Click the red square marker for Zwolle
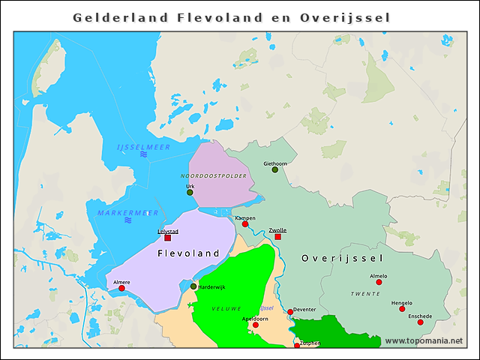pos(277,237)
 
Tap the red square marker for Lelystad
pos(167,238)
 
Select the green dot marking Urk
pos(190,193)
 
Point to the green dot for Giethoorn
pos(275,169)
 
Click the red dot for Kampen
pos(245,224)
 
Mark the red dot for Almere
pos(121,288)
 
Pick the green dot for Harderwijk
pos(193,286)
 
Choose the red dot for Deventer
pos(290,312)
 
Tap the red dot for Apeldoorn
pos(255,325)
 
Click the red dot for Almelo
pos(379,282)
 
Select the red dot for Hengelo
pos(402,309)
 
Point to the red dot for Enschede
pos(420,322)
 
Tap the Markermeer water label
pos(127,213)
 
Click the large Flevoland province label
pos(189,253)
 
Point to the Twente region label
pos(365,294)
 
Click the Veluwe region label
pos(226,308)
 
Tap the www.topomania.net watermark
pos(424,340)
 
